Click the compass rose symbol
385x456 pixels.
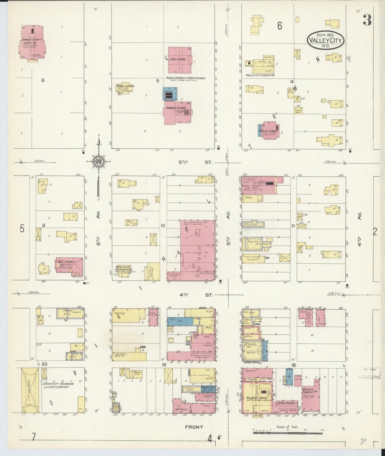[99, 161]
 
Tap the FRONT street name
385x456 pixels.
[194, 427]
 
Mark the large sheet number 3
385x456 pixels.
[367, 20]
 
